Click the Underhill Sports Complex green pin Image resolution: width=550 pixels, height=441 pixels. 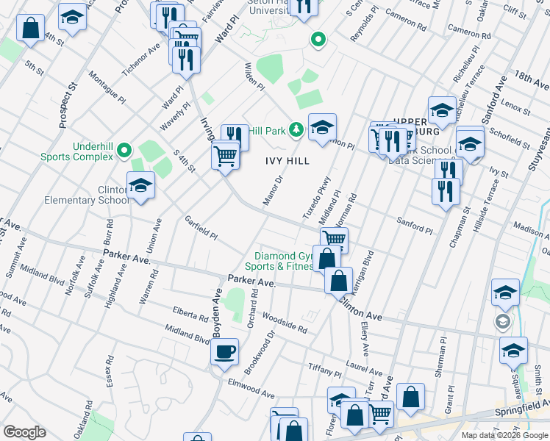pyautogui.click(x=124, y=151)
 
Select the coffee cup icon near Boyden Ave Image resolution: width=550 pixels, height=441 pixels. pyautogui.click(x=224, y=351)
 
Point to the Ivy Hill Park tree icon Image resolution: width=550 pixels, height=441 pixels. pyautogui.click(x=296, y=130)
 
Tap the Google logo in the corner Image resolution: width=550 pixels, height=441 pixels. pyautogui.click(x=24, y=432)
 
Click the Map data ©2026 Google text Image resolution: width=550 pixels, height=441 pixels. pyautogui.click(x=504, y=435)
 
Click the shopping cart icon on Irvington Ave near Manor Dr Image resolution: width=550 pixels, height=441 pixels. pyautogui.click(x=225, y=155)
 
